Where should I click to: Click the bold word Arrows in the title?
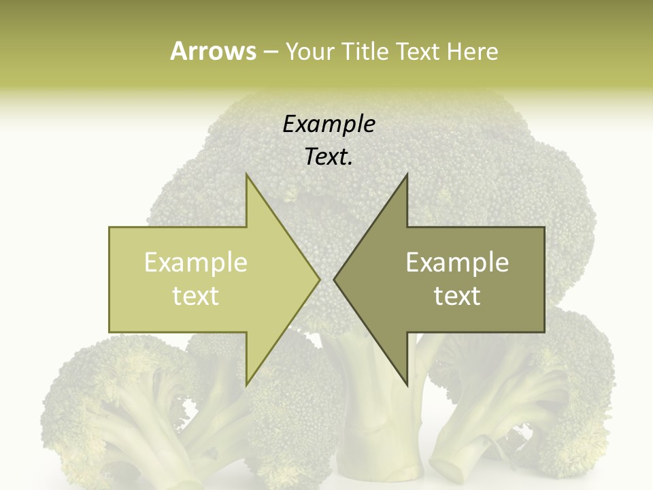click(213, 51)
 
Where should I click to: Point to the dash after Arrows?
click(270, 52)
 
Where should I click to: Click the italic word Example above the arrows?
click(329, 124)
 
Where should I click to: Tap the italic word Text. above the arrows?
click(329, 157)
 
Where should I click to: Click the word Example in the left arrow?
click(196, 262)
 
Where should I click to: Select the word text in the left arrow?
click(196, 296)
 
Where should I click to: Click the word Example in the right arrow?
click(457, 262)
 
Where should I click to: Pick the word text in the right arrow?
click(457, 296)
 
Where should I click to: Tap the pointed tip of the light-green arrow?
click(319, 279)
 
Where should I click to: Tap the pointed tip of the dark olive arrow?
click(335, 279)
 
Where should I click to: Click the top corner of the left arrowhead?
click(247, 176)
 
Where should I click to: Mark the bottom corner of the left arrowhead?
click(247, 385)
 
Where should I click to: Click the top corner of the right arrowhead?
click(407, 176)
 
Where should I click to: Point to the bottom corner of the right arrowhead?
click(407, 385)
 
